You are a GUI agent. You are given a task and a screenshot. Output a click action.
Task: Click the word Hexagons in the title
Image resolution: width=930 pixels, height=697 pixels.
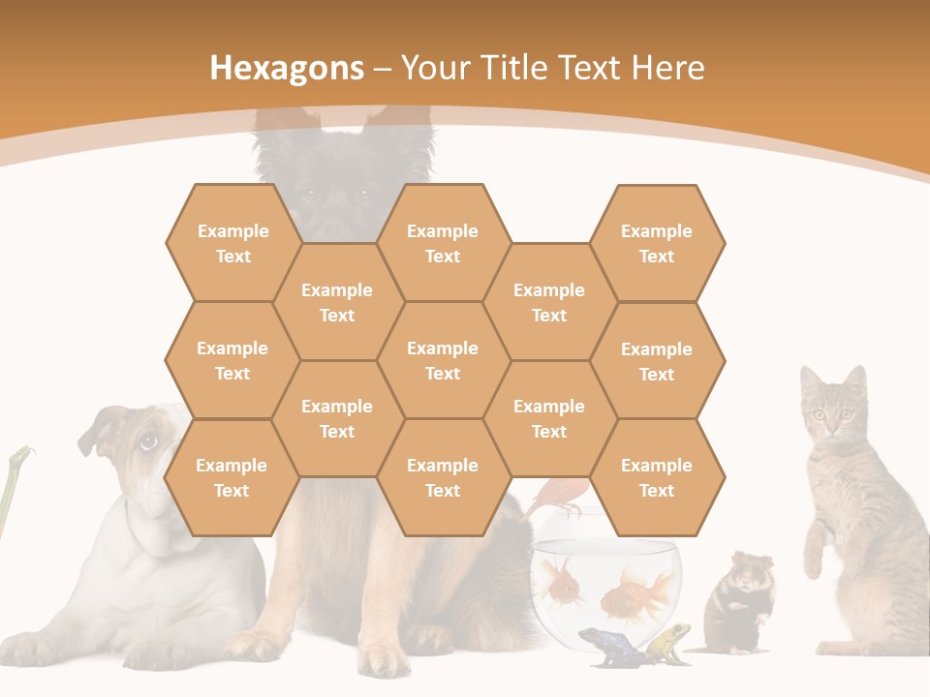(287, 68)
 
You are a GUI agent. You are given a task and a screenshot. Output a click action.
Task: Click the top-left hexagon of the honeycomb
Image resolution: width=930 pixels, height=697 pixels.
(232, 243)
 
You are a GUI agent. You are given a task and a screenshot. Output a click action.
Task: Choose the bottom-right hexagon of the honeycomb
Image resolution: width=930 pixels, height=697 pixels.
(657, 477)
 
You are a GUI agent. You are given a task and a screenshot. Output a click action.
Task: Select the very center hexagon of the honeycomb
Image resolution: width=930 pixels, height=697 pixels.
(443, 360)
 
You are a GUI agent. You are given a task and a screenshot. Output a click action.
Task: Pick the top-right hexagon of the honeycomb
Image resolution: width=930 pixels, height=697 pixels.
(657, 243)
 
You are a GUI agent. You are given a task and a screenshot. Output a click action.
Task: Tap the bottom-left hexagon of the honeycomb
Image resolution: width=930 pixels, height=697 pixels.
(232, 477)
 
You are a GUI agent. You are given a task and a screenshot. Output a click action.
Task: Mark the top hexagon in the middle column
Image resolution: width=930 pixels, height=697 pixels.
(443, 243)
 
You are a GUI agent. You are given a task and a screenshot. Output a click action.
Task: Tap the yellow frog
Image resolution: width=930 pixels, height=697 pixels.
(668, 641)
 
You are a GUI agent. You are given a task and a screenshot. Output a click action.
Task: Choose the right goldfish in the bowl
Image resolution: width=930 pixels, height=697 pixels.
(635, 593)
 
